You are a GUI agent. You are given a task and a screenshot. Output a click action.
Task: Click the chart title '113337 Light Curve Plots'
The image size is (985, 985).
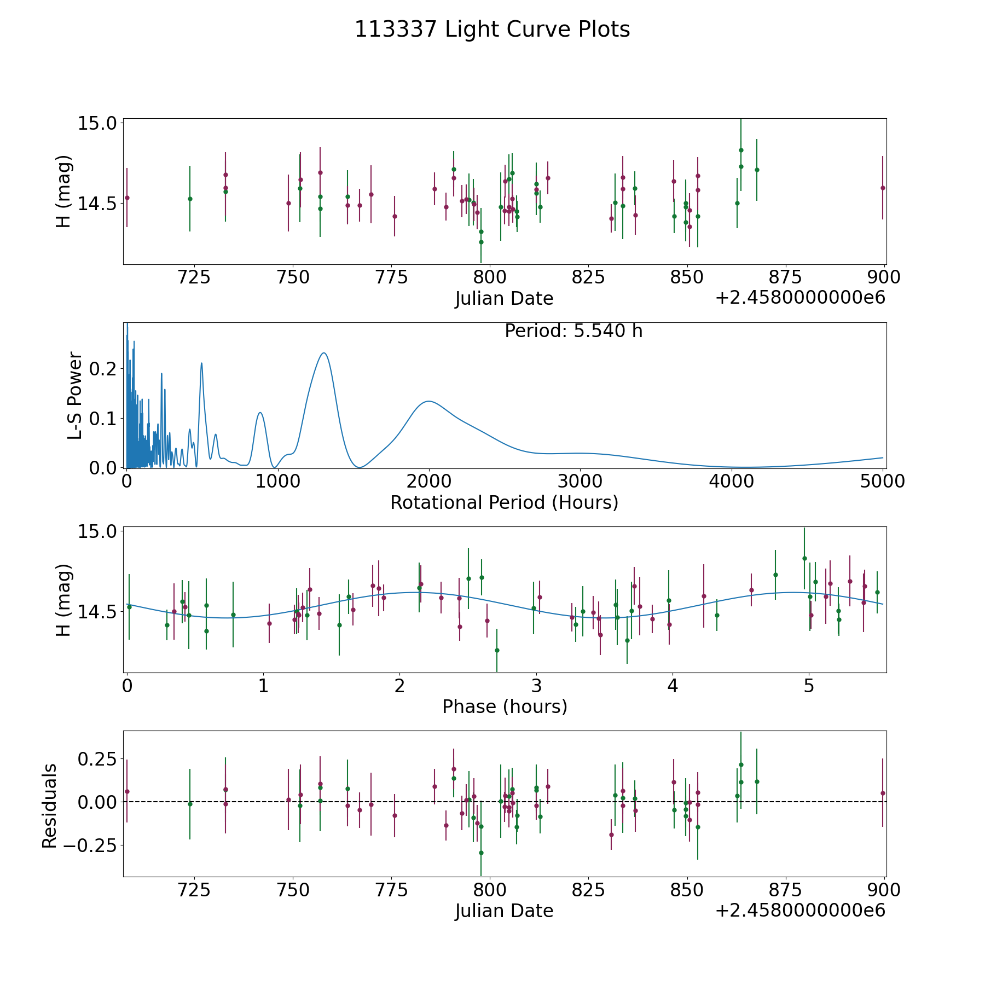click(492, 30)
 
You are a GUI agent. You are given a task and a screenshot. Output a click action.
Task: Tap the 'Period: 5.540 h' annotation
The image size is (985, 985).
click(573, 331)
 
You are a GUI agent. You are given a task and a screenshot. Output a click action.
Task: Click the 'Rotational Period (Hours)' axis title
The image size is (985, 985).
click(504, 502)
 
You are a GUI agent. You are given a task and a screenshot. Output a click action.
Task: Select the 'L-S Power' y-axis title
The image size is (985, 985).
click(76, 395)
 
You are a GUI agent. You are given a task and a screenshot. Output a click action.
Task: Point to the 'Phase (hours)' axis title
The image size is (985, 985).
click(505, 706)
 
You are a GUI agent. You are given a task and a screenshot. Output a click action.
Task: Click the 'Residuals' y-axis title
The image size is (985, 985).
click(50, 806)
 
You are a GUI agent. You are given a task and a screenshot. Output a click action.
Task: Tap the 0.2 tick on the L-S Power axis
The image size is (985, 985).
click(103, 369)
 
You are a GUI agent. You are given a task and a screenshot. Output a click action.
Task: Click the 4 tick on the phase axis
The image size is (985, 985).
click(673, 686)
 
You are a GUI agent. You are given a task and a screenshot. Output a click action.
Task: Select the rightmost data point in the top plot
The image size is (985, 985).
click(883, 188)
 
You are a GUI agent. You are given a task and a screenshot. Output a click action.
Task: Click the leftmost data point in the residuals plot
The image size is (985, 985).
click(127, 791)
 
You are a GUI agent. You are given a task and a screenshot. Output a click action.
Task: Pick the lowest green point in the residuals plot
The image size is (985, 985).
click(481, 853)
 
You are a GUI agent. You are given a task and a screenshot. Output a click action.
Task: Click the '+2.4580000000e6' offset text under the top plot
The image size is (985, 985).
click(800, 298)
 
